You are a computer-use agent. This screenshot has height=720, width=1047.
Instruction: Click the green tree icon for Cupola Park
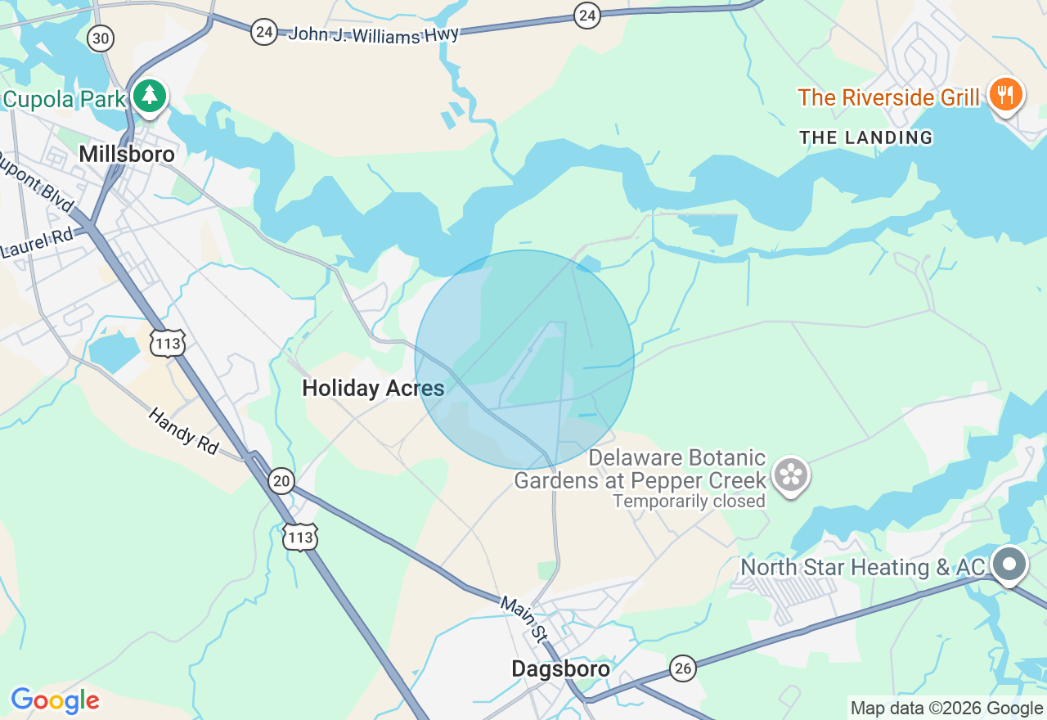click(149, 96)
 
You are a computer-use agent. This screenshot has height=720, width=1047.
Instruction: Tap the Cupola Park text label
click(65, 100)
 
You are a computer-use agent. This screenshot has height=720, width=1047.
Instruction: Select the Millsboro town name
click(127, 154)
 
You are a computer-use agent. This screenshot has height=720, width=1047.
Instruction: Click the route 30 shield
click(101, 38)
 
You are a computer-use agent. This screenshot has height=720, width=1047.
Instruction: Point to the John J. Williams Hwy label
click(374, 34)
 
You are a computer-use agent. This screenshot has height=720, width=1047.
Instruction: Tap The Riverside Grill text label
click(888, 97)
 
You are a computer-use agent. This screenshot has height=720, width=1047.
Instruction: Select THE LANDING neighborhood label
click(866, 137)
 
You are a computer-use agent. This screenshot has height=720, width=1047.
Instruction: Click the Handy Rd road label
click(184, 430)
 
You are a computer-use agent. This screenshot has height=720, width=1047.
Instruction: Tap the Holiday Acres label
click(373, 389)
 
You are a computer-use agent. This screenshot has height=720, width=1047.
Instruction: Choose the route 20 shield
click(281, 480)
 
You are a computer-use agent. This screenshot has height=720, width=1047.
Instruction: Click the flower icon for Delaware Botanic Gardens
click(791, 475)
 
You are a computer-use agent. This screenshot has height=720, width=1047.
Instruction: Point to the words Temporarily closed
click(689, 501)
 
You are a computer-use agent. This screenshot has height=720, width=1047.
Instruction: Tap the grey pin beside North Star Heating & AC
click(1009, 564)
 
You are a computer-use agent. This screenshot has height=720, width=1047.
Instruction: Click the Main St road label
click(523, 618)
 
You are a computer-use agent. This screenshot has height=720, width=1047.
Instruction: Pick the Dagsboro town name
click(560, 668)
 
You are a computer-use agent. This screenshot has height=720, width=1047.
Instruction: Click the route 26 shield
click(682, 668)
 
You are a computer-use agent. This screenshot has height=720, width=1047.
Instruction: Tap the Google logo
click(55, 701)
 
